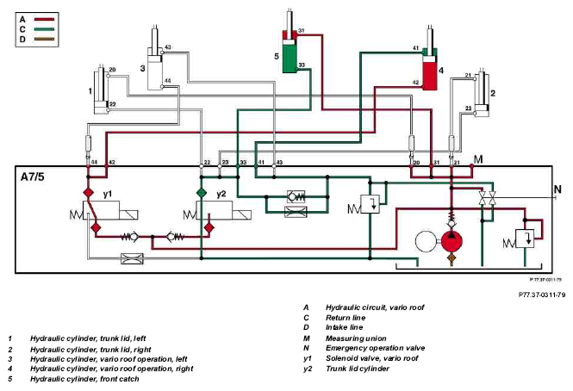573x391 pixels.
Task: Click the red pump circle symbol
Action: (452, 241)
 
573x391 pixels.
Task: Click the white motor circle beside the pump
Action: (427, 241)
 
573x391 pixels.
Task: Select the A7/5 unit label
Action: (33, 177)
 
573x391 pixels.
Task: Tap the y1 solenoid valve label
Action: (107, 194)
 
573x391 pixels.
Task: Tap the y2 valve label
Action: (221, 194)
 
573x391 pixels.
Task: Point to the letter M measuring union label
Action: (478, 159)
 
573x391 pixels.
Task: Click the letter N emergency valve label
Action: (557, 189)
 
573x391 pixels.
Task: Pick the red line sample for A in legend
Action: (44, 19)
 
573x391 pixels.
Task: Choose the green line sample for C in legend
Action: (44, 29)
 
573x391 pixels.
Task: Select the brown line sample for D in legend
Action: (44, 39)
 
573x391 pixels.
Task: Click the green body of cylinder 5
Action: (290, 59)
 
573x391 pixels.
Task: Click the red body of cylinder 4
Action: (430, 76)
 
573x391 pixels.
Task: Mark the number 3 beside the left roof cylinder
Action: (142, 68)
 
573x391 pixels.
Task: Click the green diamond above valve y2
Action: (201, 193)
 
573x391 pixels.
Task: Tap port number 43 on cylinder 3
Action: (168, 47)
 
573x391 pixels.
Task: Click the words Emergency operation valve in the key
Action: (376, 348)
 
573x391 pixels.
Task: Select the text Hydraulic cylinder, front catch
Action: (84, 379)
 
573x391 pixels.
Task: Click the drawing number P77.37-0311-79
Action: (542, 295)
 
